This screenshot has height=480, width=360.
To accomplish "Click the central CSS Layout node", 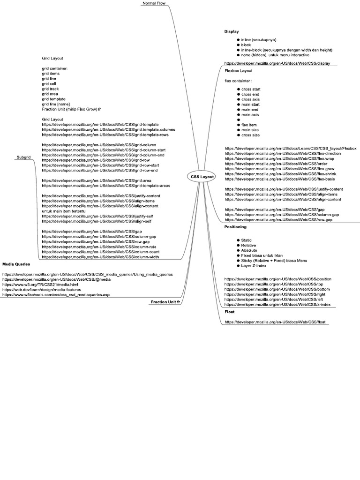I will [202, 176].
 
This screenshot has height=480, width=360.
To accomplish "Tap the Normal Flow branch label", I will [154, 3].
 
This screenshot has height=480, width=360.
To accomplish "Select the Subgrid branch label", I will [23, 157].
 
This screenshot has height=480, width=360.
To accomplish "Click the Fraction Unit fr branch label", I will [165, 302].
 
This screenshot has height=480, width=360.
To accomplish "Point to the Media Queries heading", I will [16, 264].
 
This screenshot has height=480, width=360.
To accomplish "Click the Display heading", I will [232, 32].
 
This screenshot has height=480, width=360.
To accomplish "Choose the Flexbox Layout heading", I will [238, 71].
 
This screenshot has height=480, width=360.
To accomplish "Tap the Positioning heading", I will [235, 227].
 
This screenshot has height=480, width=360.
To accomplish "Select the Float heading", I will [229, 311].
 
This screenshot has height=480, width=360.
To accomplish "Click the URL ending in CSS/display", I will [280, 63].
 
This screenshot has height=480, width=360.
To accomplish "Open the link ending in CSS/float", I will [277, 322].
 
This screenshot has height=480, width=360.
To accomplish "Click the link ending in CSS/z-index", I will [277, 305].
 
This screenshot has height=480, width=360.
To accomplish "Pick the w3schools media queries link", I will [56, 295].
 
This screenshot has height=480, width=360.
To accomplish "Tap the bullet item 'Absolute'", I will [249, 250].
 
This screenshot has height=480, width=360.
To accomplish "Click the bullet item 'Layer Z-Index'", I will [255, 266].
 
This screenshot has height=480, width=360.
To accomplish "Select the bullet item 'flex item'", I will [250, 125].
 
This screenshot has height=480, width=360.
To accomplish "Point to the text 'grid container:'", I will [54, 68].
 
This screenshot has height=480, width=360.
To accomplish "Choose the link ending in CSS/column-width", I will [100, 257].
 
